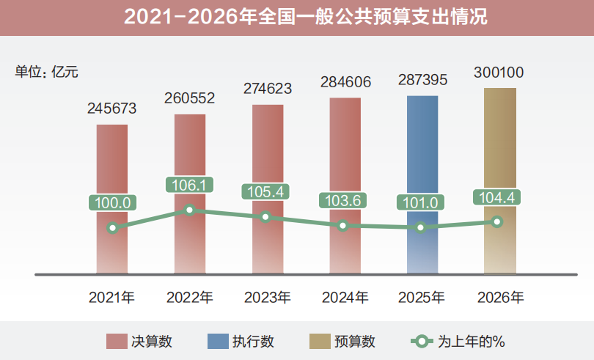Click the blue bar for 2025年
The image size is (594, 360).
pos(422,154)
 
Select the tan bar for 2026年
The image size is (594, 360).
pos(499,147)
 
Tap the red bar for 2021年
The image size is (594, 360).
pos(111,169)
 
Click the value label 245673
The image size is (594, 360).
pos(112,109)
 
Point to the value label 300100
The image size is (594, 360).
pos(499,73)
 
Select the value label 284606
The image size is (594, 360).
pos(345,81)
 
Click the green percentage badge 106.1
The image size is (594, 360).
pos(191,185)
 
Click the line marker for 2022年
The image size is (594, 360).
pos(190,210)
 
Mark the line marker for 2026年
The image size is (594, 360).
pos(497,221)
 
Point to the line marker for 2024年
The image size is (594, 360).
pos(343,226)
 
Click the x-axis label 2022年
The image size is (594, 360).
pos(190,297)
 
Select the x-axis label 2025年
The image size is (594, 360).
pos(422,297)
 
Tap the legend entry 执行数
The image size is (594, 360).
pos(242,341)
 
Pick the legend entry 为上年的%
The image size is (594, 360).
pos(458,341)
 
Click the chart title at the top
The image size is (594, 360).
pos(297,17)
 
